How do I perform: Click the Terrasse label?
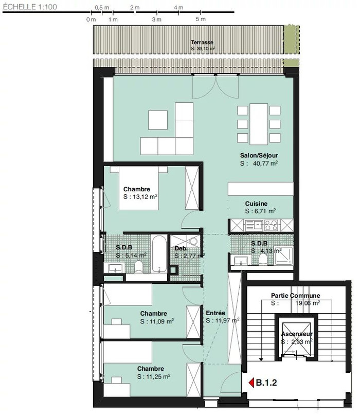coord(202,42)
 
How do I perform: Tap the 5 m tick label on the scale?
coord(201,19)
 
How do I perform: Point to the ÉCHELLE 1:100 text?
coord(30,7)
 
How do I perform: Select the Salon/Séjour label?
coord(259,155)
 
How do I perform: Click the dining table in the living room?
coord(259,124)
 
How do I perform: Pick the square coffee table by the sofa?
coord(158,120)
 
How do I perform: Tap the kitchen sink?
coord(254,225)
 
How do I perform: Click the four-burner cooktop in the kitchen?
coord(271,225)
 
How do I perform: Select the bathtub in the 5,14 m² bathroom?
coord(159,254)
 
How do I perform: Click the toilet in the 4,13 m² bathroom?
coord(263,259)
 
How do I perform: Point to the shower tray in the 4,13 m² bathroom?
coord(284,256)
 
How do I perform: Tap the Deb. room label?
coord(181,248)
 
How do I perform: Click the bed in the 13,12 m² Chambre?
coord(139,188)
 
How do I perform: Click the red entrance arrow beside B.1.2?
coord(251,383)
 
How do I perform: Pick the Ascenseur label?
coord(297,334)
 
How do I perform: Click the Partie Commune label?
coord(295,296)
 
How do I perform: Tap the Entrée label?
coord(215,313)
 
